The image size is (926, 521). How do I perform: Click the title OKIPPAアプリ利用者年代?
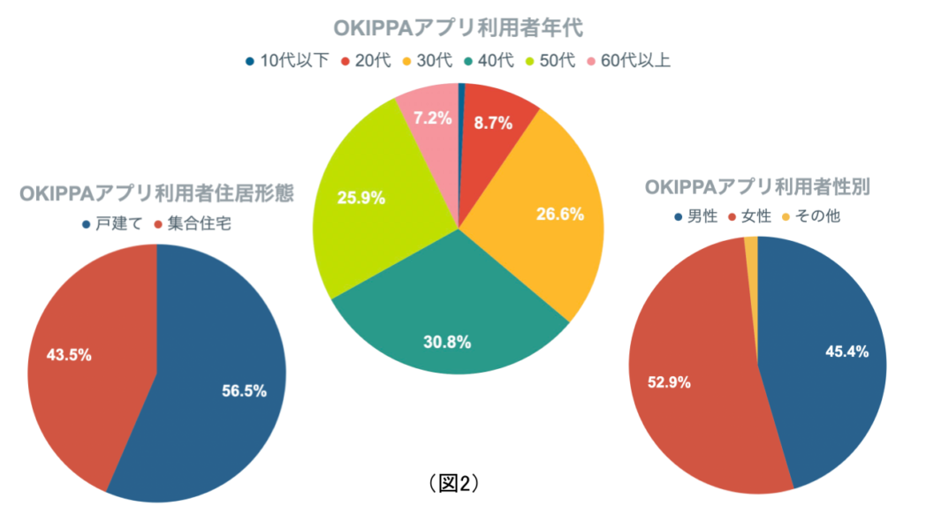click(459, 29)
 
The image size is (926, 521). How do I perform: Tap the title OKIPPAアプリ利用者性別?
click(758, 187)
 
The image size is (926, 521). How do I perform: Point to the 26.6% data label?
click(559, 215)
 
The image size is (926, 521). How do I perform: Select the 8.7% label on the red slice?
click(493, 124)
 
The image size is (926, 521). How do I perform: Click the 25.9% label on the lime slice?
click(361, 198)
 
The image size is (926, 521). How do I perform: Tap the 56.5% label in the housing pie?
click(244, 390)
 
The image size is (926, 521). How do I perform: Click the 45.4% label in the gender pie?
click(846, 351)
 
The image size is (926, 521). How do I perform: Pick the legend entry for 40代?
click(490, 61)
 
